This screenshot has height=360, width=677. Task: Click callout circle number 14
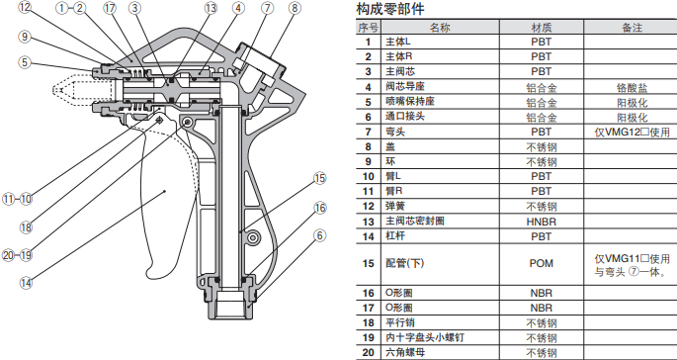[26, 283]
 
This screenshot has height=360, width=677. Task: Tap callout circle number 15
[320, 178]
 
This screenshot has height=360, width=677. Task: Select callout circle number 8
[295, 8]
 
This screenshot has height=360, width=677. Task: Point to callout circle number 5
[25, 62]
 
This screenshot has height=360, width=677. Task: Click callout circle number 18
[26, 227]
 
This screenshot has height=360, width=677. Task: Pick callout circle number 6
[320, 235]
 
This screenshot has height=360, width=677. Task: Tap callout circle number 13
[211, 8]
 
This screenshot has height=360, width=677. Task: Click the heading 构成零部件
[390, 9]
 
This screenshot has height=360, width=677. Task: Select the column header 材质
[542, 28]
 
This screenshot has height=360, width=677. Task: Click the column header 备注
[633, 28]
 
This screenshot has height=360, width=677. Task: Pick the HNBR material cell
[542, 222]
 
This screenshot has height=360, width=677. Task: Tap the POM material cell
[542, 263]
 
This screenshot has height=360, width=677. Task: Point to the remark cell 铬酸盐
[633, 88]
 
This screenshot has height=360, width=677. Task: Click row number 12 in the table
[368, 207]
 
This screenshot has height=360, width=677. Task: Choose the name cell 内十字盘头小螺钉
[425, 337]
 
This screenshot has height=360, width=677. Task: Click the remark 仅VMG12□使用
[633, 132]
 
